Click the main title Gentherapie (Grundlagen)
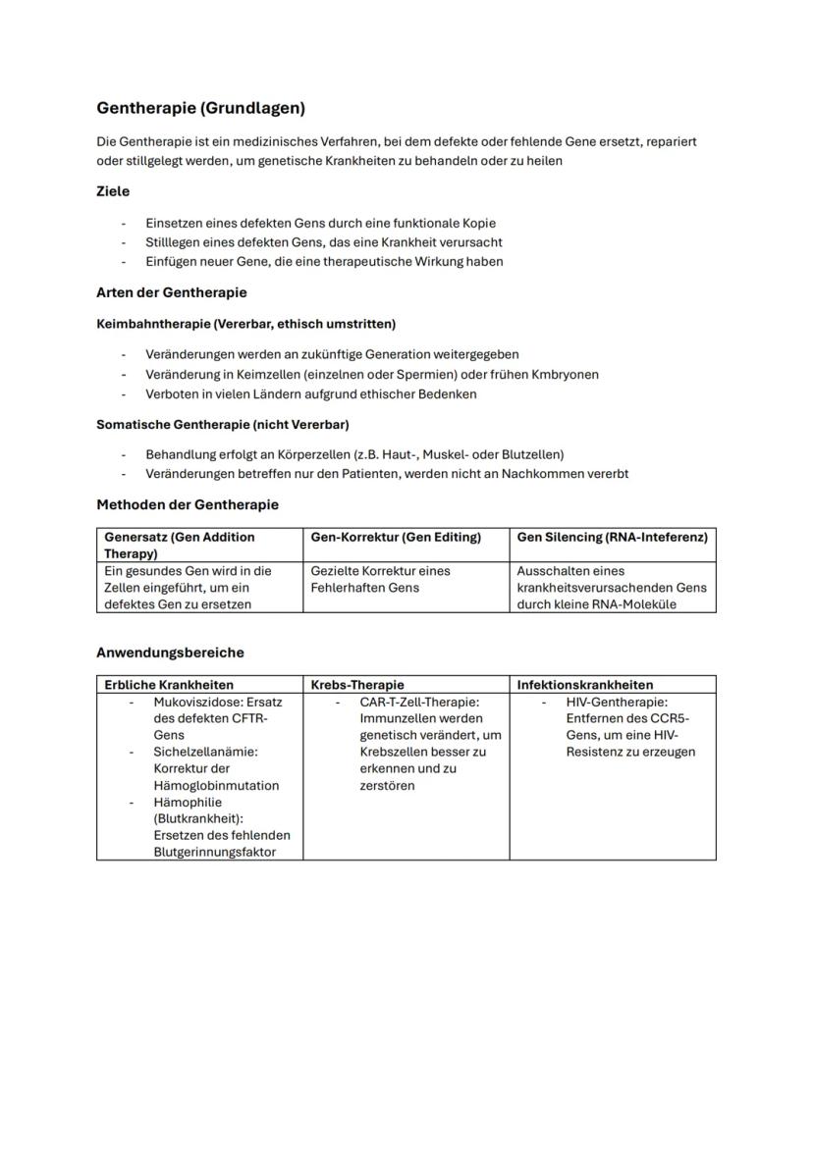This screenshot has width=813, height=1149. (x=200, y=108)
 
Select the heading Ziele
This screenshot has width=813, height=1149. (x=113, y=191)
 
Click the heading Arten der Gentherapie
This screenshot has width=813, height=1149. (x=172, y=292)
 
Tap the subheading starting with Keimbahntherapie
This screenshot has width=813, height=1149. (x=245, y=323)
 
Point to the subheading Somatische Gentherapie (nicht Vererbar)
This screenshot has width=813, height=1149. (x=223, y=425)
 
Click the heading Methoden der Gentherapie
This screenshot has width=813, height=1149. (x=188, y=504)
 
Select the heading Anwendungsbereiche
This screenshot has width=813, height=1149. (x=170, y=653)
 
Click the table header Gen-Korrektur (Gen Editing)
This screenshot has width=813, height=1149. (x=396, y=537)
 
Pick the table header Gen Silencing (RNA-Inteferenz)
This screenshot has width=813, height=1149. (x=612, y=537)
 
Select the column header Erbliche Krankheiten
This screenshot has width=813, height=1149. (x=169, y=685)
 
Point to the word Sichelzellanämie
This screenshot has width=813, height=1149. (x=204, y=752)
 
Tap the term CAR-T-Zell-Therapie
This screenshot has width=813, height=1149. (x=419, y=703)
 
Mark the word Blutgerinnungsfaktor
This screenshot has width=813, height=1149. (x=214, y=852)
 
